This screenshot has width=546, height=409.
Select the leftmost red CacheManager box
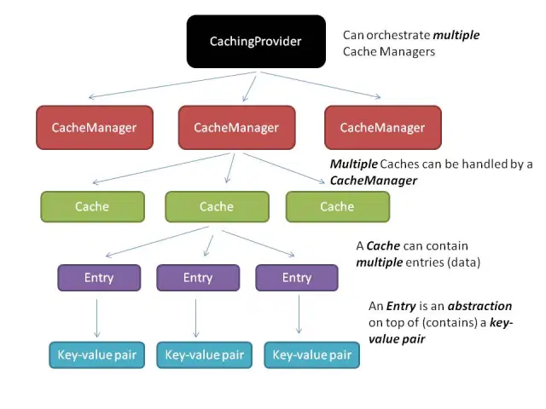click(x=94, y=128)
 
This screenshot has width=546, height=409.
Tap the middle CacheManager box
click(x=236, y=128)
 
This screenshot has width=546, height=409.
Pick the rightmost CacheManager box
click(x=382, y=128)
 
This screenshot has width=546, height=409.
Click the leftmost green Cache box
click(x=92, y=206)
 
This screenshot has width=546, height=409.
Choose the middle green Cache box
click(x=217, y=206)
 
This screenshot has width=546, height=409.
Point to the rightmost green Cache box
click(x=337, y=206)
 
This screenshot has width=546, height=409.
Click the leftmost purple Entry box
click(x=99, y=278)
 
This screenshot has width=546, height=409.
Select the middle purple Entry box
click(x=198, y=278)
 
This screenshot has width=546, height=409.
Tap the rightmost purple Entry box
click(x=297, y=278)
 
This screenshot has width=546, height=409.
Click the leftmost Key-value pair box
click(x=96, y=354)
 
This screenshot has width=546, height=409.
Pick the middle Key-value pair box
click(x=204, y=354)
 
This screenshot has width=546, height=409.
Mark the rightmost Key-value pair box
click(x=311, y=354)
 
